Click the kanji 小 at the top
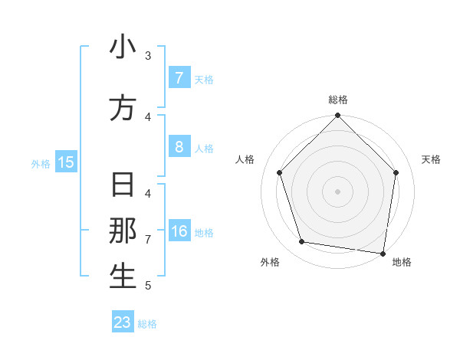(x=123, y=47)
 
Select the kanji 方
(x=123, y=109)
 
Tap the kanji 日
(x=123, y=186)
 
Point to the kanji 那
(x=123, y=232)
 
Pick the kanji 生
(x=123, y=277)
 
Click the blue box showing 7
(x=179, y=78)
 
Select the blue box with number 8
(x=179, y=147)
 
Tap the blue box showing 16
(x=179, y=232)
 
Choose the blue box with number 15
(x=66, y=162)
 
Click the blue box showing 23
(x=123, y=322)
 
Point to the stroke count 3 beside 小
(x=148, y=55)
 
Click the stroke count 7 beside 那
(x=148, y=240)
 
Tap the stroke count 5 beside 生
(x=148, y=286)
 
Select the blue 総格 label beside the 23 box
(x=147, y=324)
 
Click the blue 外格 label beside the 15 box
(x=41, y=163)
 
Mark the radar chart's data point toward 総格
(x=337, y=116)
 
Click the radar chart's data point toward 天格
(x=396, y=172)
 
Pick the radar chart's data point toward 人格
(x=279, y=172)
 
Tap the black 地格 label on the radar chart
(x=402, y=262)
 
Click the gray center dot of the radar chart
(x=337, y=191)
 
